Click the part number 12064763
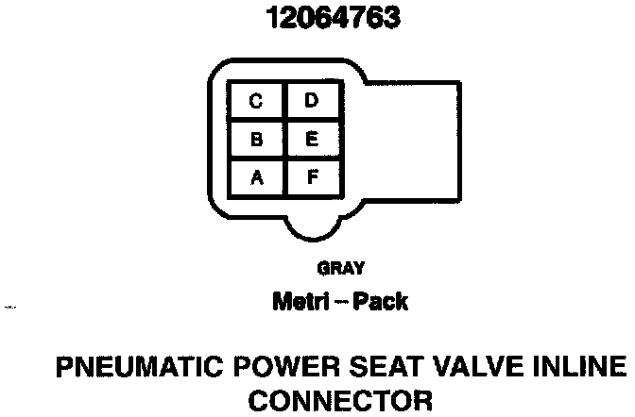coord(317,18)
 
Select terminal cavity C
coord(256,101)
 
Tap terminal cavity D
coord(311,101)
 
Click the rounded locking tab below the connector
coord(313,226)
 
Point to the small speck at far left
coord(10,307)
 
